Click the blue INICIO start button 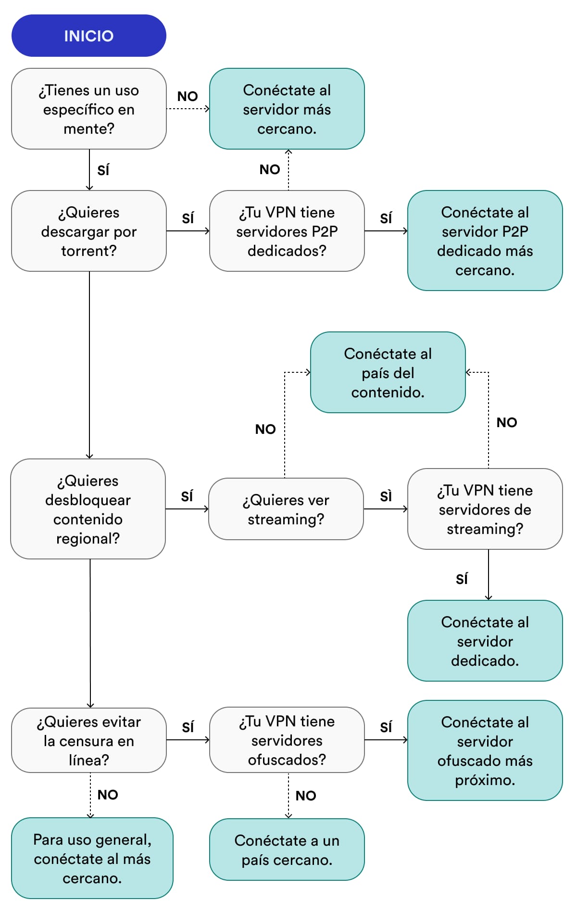point(88,36)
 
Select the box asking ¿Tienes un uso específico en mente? point(88,109)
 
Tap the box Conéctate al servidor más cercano point(287,109)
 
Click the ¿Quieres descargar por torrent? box point(88,231)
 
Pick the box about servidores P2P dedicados point(287,231)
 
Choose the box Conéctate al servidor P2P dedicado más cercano point(485,241)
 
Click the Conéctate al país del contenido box point(388,372)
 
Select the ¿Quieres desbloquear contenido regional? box point(88,509)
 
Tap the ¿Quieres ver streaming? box point(286,509)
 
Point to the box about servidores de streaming point(485,509)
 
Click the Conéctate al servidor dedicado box point(485,641)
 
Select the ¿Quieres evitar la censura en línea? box point(88,740)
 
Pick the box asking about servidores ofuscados point(287,740)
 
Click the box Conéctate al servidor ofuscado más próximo point(485,750)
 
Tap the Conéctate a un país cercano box point(287,850)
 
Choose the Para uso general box point(92,858)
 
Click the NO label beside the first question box point(188,96)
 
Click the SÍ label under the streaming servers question point(462,579)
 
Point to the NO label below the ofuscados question point(306,796)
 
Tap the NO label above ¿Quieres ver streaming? point(265,429)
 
